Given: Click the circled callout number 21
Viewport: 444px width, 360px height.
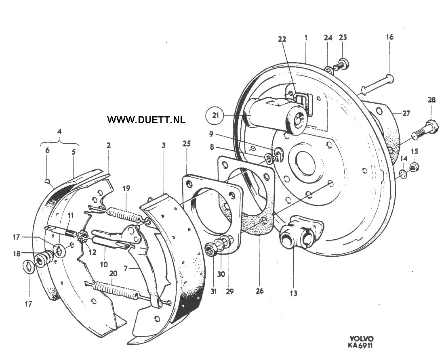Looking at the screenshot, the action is pos(215,115).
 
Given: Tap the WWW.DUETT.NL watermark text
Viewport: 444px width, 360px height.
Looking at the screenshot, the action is pos(146,119).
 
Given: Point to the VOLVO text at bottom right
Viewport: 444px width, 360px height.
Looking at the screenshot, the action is pos(362,339).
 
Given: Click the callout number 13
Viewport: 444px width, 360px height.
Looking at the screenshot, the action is pos(294,293).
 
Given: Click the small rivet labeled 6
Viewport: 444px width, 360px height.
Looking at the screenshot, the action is pos(48,180).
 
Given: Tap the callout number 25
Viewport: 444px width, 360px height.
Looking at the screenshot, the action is pos(187,144).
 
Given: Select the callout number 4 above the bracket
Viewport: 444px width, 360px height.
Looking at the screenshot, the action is pos(59,132).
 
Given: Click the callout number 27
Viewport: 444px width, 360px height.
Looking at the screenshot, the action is pos(406,113).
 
